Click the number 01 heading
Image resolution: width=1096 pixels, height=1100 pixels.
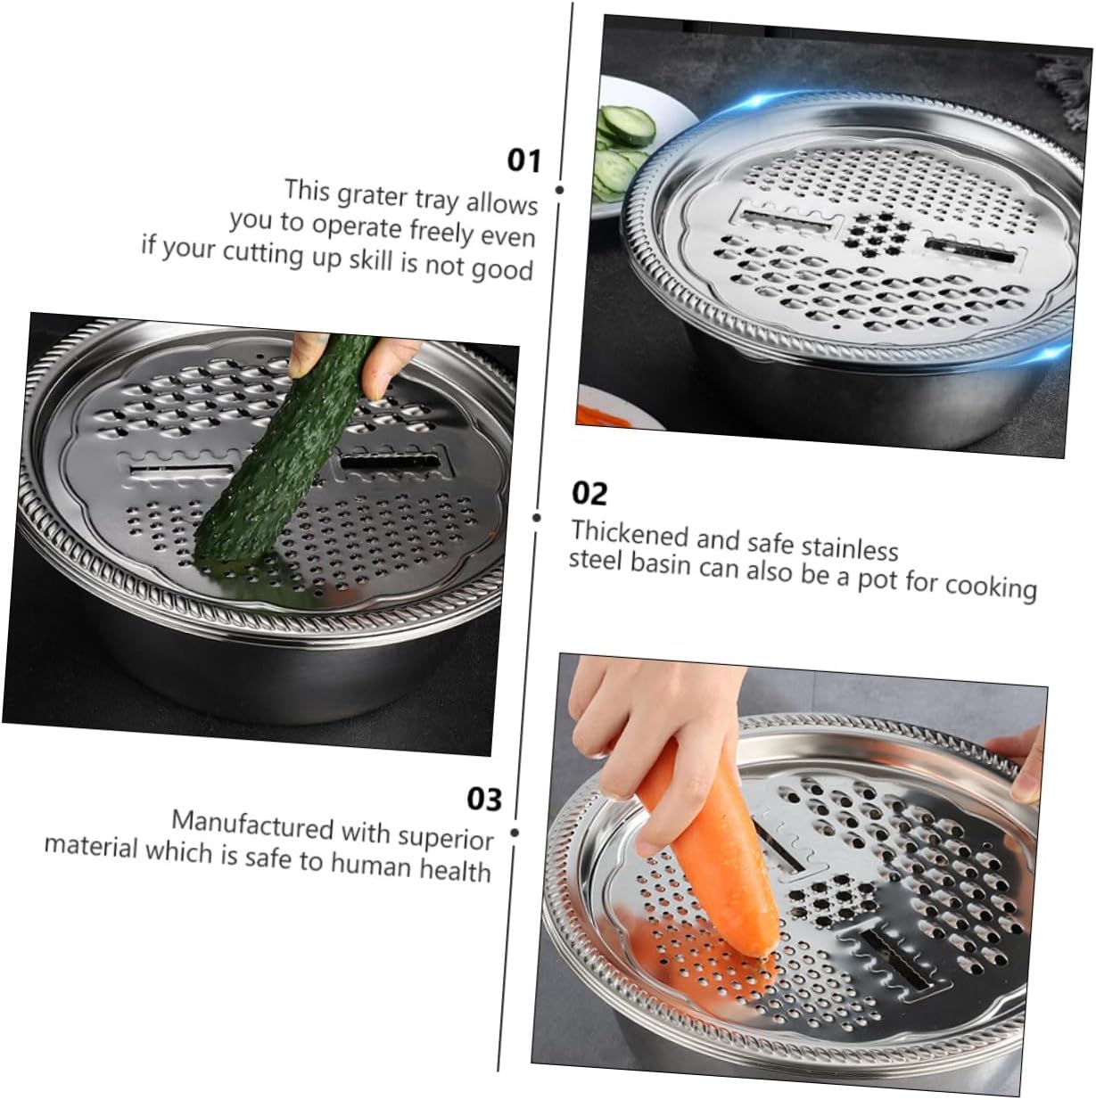click(523, 160)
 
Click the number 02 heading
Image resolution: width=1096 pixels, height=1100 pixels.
click(589, 493)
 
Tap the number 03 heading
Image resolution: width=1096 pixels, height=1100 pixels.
click(484, 799)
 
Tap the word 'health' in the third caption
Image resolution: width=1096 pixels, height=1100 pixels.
click(455, 869)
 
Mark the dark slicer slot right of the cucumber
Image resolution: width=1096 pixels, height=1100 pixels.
click(390, 464)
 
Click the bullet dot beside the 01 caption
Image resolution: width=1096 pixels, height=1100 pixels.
click(559, 190)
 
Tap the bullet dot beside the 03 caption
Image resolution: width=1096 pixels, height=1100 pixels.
click(515, 833)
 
